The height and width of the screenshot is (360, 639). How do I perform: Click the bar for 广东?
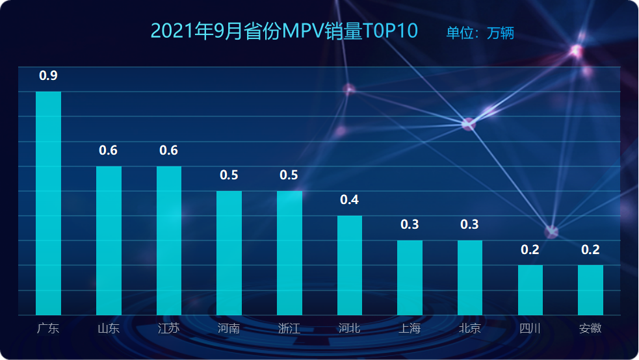pos(48,203)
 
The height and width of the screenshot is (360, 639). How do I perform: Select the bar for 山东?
pos(109,240)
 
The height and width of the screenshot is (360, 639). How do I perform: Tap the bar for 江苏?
pos(169,240)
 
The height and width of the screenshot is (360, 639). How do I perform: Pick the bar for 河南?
pos(229,253)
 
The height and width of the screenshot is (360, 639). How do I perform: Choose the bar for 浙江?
pos(289,253)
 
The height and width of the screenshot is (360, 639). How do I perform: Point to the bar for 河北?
pos(350,265)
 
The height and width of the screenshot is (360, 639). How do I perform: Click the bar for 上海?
pos(410,277)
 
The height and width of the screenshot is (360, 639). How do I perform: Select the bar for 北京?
pos(470,277)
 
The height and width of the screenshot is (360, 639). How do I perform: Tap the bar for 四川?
pos(530,290)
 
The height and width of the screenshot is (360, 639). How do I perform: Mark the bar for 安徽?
pos(590,290)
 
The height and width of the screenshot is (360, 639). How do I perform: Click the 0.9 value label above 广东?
pos(48,75)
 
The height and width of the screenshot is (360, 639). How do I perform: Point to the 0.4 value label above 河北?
pos(350,199)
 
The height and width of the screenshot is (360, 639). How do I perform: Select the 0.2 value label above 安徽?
pos(590,250)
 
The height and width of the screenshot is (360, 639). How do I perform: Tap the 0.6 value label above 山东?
pos(109,151)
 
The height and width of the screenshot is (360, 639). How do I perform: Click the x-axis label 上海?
pos(410,328)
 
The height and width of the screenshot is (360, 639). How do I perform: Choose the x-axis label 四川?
pos(530,328)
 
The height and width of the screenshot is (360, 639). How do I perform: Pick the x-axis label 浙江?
pos(289,328)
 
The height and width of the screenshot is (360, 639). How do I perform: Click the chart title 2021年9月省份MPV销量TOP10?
pos(283,31)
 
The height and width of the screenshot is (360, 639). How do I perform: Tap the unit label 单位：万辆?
pos(480,33)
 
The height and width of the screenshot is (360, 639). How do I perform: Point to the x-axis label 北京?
pos(470,328)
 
